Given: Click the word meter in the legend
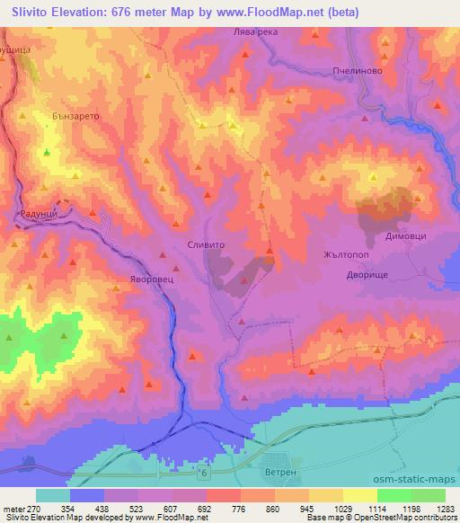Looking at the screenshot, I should pos(13,509).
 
